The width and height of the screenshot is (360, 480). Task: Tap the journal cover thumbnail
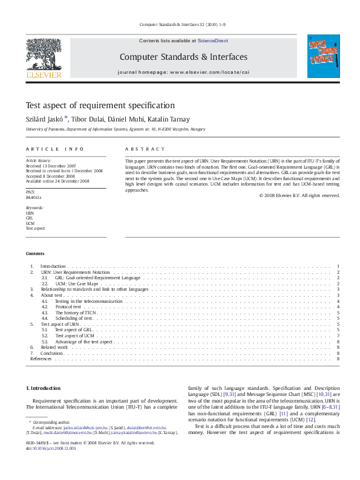(324, 58)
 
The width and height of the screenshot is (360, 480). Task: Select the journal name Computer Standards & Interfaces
(183, 57)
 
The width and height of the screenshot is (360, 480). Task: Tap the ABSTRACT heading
(145, 149)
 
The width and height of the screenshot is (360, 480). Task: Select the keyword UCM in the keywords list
(30, 223)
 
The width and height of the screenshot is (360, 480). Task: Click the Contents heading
(35, 253)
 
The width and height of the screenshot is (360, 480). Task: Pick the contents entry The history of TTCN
(75, 313)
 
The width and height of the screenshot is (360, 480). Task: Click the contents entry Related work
(54, 347)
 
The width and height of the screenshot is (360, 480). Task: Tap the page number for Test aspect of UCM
(337, 336)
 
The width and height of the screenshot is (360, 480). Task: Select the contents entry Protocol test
(68, 306)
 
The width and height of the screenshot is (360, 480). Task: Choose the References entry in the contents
(41, 358)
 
